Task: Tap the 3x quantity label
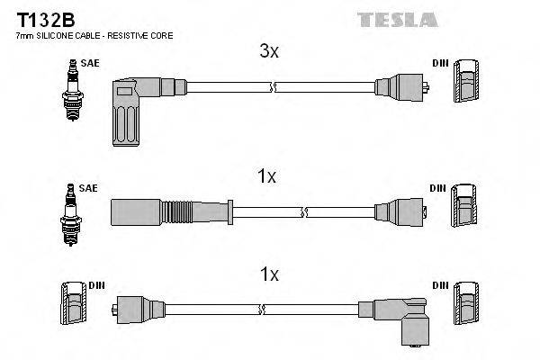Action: pos(269,52)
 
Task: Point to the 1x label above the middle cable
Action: pos(267,177)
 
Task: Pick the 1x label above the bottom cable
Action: pos(269,272)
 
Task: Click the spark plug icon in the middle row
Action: pos(69,213)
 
